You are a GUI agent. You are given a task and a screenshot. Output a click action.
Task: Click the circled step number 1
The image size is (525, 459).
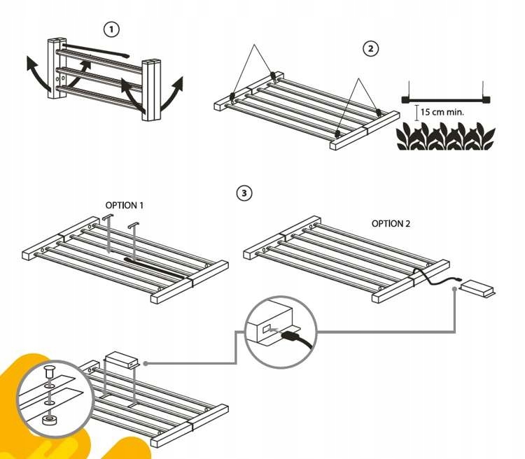pos(111,29)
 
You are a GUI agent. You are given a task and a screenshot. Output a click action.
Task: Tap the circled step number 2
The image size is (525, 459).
pos(370,48)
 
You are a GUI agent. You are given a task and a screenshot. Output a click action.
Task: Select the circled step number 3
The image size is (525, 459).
pos(243,192)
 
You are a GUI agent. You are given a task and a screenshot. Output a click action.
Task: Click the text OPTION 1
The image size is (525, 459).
pos(124,206)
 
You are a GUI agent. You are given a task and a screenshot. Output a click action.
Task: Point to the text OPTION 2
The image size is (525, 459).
pos(391,224)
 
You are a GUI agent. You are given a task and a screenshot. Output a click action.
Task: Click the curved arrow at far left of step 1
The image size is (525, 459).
pos(34,71)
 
